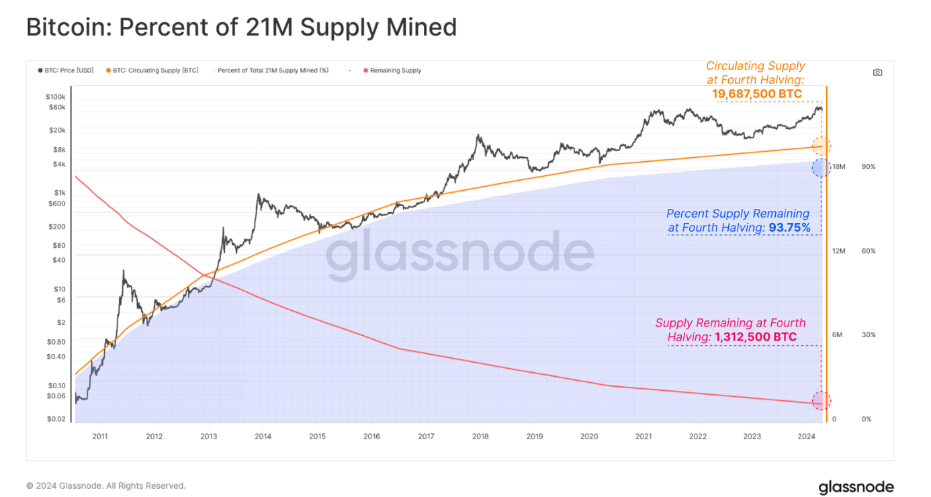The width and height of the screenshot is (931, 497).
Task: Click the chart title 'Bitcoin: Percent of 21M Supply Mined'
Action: [241, 28]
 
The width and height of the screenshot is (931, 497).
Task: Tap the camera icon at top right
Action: [877, 73]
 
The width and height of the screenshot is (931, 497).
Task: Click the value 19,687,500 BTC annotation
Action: [757, 94]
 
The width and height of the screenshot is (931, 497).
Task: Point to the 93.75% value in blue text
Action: [789, 228]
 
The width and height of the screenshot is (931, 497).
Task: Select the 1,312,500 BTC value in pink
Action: [756, 336]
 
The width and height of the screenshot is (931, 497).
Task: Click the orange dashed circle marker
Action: [821, 146]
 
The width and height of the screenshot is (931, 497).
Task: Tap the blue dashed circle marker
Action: [821, 167]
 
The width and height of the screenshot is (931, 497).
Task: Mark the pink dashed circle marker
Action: [821, 401]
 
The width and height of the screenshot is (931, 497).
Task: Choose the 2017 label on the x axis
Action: [426, 436]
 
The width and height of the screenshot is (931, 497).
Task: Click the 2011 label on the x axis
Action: [99, 436]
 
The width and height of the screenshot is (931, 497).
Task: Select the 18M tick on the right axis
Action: [838, 167]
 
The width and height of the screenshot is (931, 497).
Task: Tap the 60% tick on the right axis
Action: [868, 251]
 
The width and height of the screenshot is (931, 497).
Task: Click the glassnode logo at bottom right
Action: [856, 487]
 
